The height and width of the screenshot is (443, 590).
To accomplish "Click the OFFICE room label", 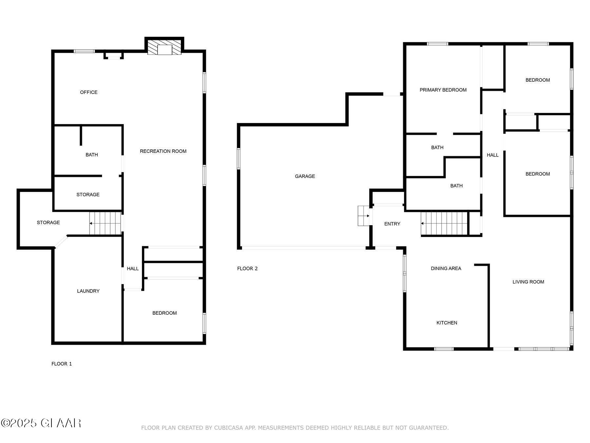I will [88, 92].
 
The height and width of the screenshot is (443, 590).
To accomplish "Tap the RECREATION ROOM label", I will [163, 151].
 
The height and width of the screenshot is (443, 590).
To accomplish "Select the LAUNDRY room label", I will [88, 291].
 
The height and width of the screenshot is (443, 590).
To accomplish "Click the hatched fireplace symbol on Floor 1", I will [164, 48].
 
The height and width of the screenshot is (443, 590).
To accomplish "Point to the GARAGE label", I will [305, 176].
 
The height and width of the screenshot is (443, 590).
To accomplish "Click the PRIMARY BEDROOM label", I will [443, 90].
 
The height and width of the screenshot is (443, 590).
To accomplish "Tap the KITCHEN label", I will [446, 323].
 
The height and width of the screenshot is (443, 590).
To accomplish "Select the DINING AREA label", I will [446, 268].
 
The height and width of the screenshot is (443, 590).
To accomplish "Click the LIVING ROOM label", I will [528, 282].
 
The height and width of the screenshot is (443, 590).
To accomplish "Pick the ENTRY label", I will [392, 224].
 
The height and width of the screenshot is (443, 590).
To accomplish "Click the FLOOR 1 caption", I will [62, 364].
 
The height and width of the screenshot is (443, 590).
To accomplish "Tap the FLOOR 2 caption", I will [247, 268].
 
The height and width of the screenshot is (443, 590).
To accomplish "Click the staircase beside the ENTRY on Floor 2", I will [444, 223].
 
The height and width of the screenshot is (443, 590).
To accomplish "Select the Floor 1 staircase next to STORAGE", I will [105, 223].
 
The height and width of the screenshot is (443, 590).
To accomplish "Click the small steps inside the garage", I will [363, 216].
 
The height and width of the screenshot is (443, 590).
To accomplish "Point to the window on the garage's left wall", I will [239, 159].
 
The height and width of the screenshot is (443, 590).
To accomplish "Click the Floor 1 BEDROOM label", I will [164, 313].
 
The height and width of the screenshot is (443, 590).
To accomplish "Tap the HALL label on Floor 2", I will [492, 155].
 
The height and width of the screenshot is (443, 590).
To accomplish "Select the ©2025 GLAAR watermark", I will [41, 423].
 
